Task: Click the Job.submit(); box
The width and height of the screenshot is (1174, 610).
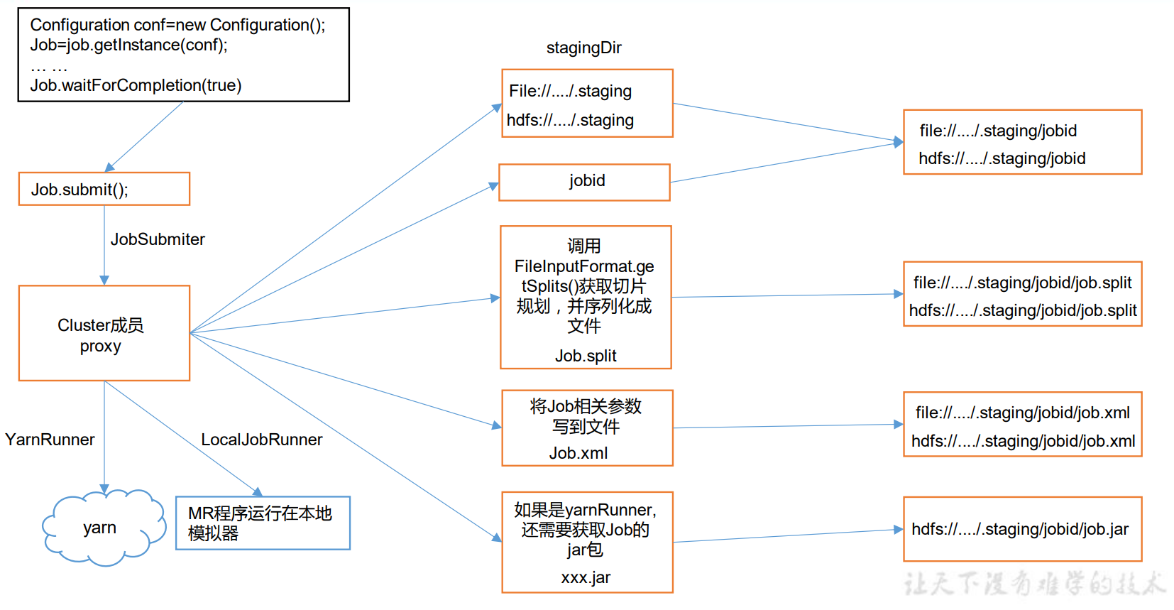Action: tap(104, 189)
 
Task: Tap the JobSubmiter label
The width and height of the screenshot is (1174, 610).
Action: tap(158, 239)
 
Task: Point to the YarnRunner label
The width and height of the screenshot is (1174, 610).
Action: tap(50, 440)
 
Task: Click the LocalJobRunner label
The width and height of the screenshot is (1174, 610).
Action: tap(261, 440)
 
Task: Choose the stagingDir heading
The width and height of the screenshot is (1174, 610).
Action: tap(583, 48)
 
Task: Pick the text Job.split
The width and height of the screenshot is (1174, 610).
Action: tap(586, 356)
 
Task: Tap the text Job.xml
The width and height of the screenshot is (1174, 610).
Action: tap(578, 453)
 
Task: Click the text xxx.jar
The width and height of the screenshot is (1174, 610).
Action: tap(586, 577)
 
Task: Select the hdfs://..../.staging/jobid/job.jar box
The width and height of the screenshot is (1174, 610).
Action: tap(1022, 529)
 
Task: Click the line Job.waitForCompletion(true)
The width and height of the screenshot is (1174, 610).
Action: tap(136, 85)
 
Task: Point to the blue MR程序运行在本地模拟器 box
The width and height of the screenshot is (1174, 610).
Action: tap(263, 523)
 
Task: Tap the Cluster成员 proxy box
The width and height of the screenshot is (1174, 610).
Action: tap(104, 333)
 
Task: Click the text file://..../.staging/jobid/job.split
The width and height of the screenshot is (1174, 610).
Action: tap(1022, 283)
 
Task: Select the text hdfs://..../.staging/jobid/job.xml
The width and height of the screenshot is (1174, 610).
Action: tap(1023, 441)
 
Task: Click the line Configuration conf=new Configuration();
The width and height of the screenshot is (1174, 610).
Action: tap(177, 25)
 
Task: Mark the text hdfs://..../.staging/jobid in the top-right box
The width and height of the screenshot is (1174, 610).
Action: tap(1002, 158)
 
